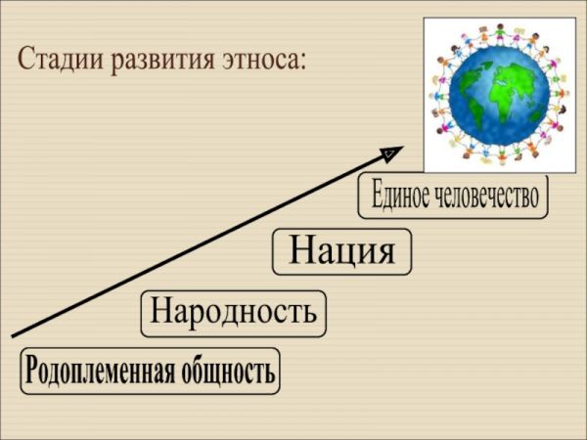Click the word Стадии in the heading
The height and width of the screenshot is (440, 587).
click(60, 60)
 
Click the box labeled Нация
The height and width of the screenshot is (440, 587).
click(341, 252)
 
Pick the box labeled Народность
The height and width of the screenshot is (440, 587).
click(234, 314)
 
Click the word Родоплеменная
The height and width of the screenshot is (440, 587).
click(101, 372)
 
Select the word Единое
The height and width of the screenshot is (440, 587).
click(400, 196)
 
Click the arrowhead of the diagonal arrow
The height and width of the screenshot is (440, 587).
click(392, 154)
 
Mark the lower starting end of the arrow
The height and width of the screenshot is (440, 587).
click(13, 336)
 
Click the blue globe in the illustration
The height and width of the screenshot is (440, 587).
click(500, 96)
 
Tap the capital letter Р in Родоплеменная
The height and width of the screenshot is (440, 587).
click(32, 371)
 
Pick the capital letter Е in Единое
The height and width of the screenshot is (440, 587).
click(377, 195)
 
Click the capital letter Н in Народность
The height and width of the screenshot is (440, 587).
click(161, 310)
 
